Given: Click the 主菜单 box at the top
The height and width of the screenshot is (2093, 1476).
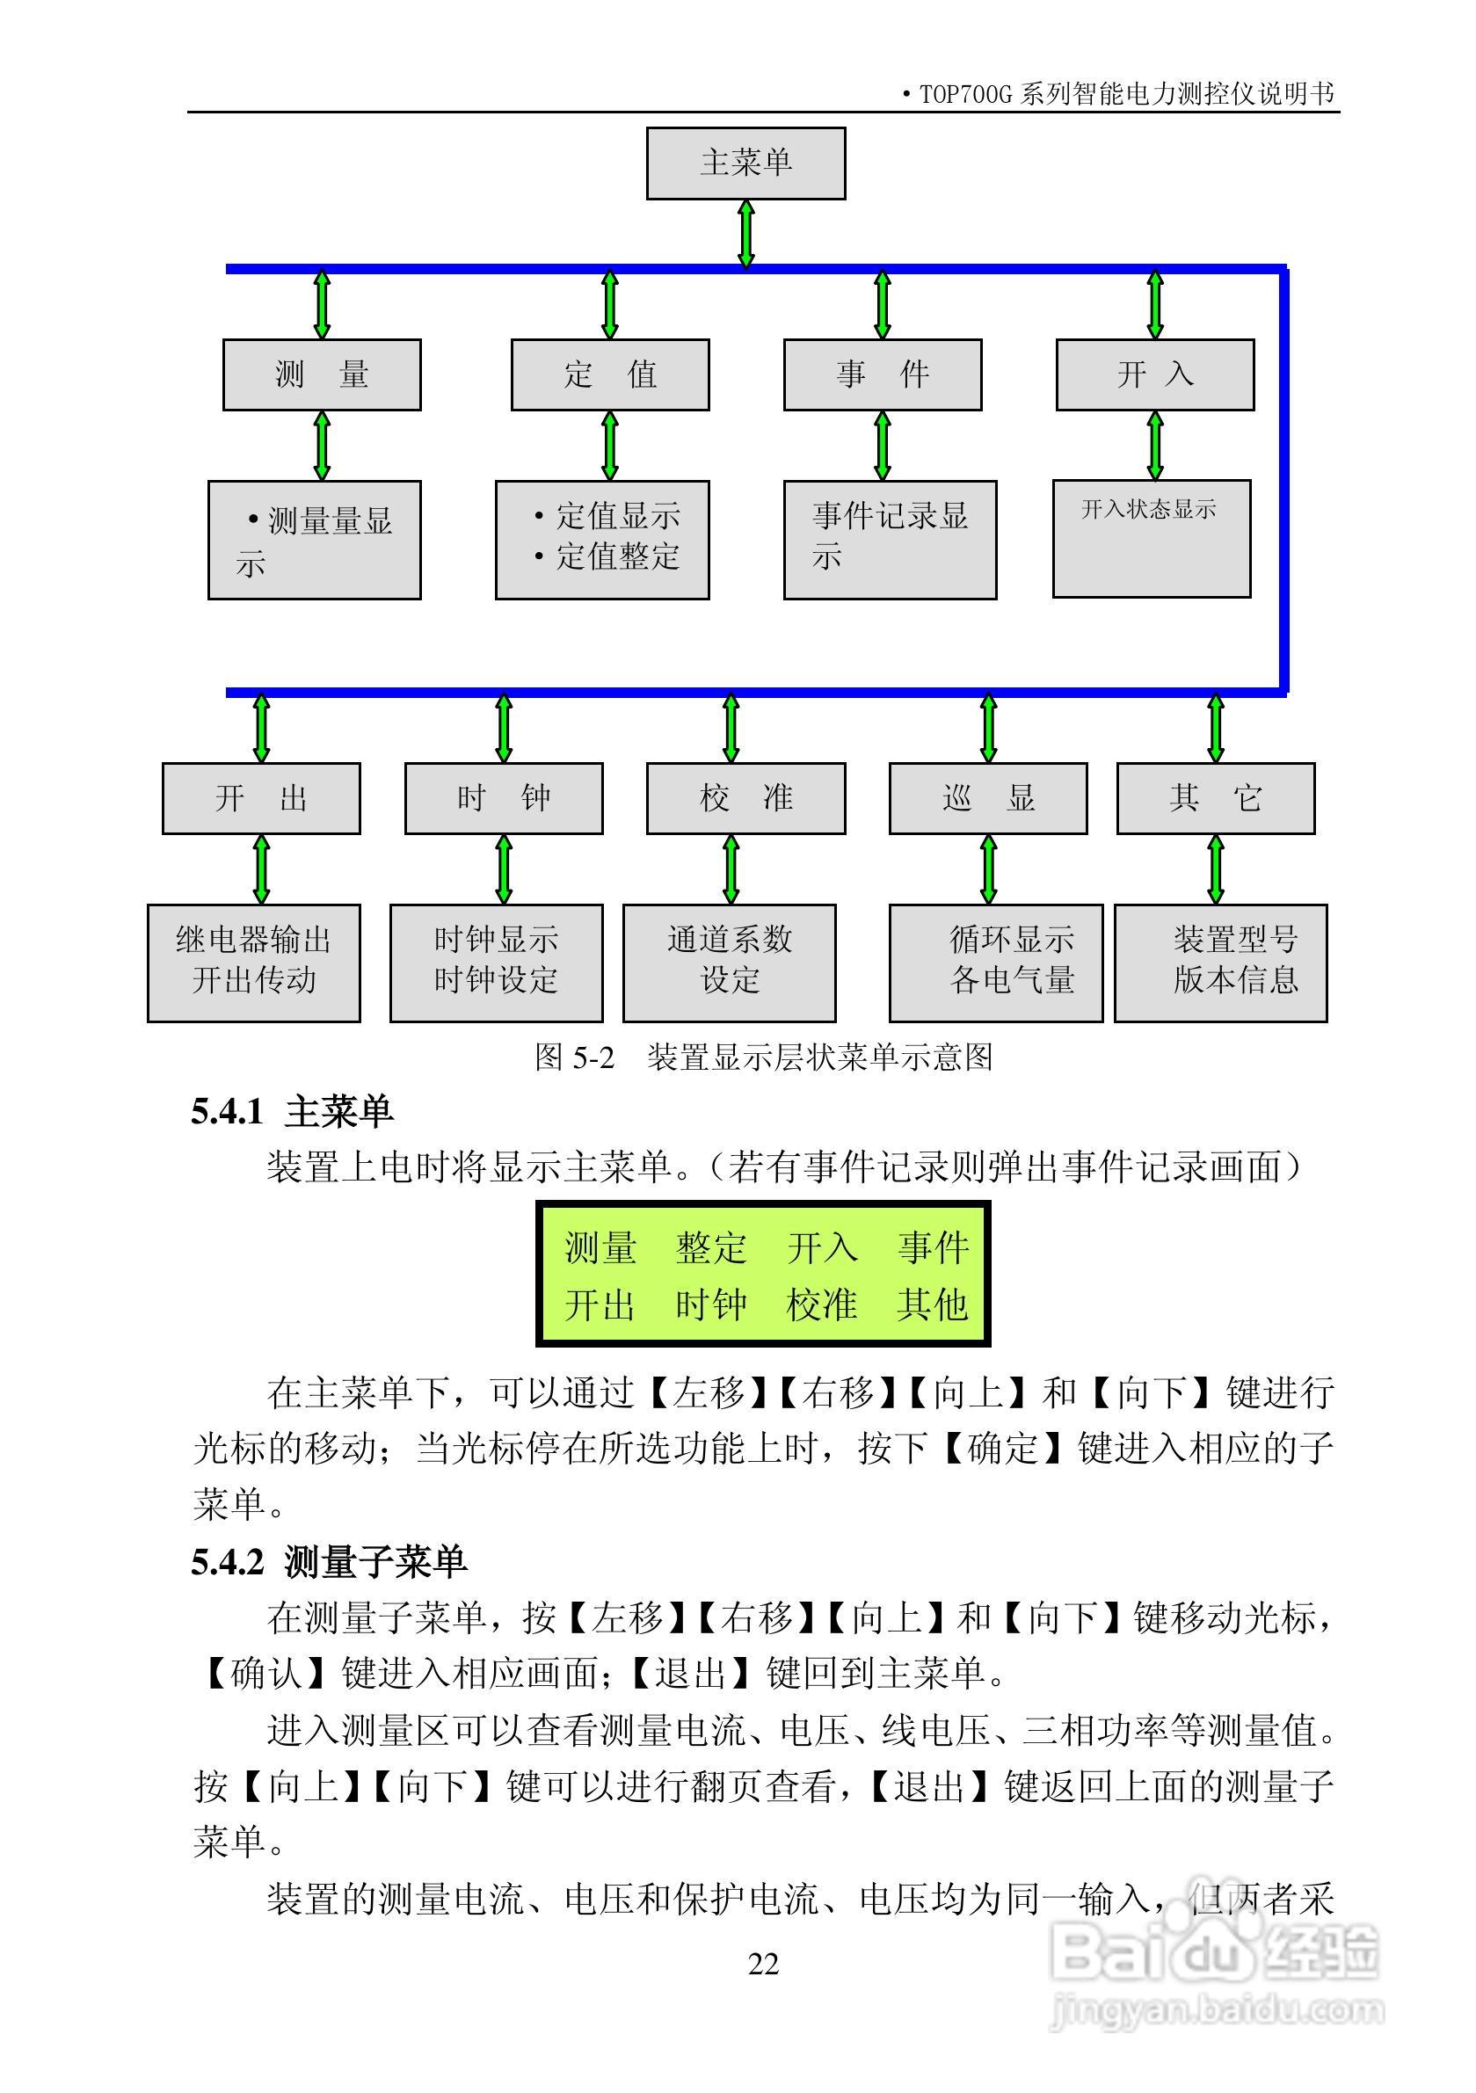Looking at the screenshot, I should (x=745, y=164).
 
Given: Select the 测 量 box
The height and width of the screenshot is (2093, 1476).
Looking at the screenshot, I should (x=322, y=374).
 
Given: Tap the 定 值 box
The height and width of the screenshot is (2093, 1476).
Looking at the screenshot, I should (x=610, y=374).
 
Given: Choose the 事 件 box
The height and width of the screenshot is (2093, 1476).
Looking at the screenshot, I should (x=882, y=374).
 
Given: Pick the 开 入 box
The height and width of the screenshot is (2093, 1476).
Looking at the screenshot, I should (x=1154, y=374).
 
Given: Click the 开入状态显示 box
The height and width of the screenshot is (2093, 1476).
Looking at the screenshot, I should (x=1151, y=539).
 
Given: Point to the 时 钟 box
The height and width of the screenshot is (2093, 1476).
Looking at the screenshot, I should (x=503, y=798).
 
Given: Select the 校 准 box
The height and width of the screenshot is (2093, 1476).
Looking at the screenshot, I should (x=745, y=798).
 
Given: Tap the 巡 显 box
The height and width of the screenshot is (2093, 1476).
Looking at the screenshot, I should (x=987, y=798).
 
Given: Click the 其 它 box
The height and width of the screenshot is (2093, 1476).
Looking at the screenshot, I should (x=1215, y=798).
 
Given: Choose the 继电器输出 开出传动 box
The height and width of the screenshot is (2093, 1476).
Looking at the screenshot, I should (x=253, y=963).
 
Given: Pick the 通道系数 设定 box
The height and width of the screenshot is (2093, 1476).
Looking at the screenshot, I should (x=729, y=963).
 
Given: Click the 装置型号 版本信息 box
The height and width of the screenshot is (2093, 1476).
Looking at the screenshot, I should (x=1220, y=963).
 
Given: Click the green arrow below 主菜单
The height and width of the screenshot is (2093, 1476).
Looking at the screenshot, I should (x=745, y=233).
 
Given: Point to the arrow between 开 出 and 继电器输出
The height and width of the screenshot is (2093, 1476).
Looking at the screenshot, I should (x=261, y=868).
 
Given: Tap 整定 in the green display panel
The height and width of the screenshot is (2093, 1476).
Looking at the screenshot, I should (x=710, y=1248).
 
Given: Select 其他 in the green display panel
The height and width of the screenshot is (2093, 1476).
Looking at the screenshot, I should (x=932, y=1304).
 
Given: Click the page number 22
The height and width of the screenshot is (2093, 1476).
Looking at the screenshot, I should (x=763, y=1964).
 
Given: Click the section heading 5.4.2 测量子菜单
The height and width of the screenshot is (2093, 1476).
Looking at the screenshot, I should (x=329, y=1562).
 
